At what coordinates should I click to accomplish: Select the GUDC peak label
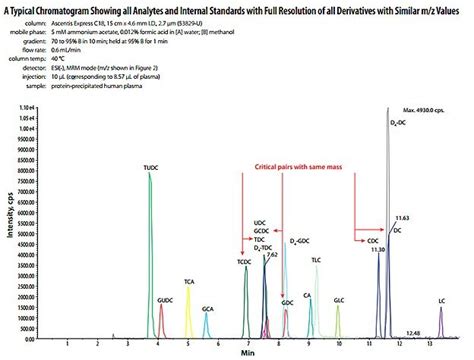pyautogui.click(x=165, y=300)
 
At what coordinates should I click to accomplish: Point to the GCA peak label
pyautogui.click(x=207, y=310)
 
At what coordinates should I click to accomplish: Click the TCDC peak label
pyautogui.click(x=243, y=261)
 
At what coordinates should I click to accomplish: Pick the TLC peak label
pyautogui.click(x=316, y=260)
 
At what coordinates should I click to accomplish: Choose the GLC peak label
pyautogui.click(x=338, y=300)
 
